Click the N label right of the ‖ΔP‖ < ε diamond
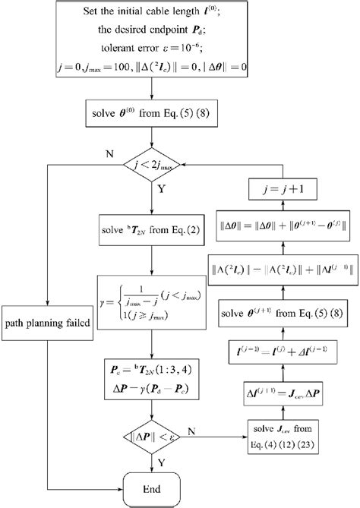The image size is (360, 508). [x=210, y=429]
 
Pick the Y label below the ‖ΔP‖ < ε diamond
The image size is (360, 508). [x=162, y=460]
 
